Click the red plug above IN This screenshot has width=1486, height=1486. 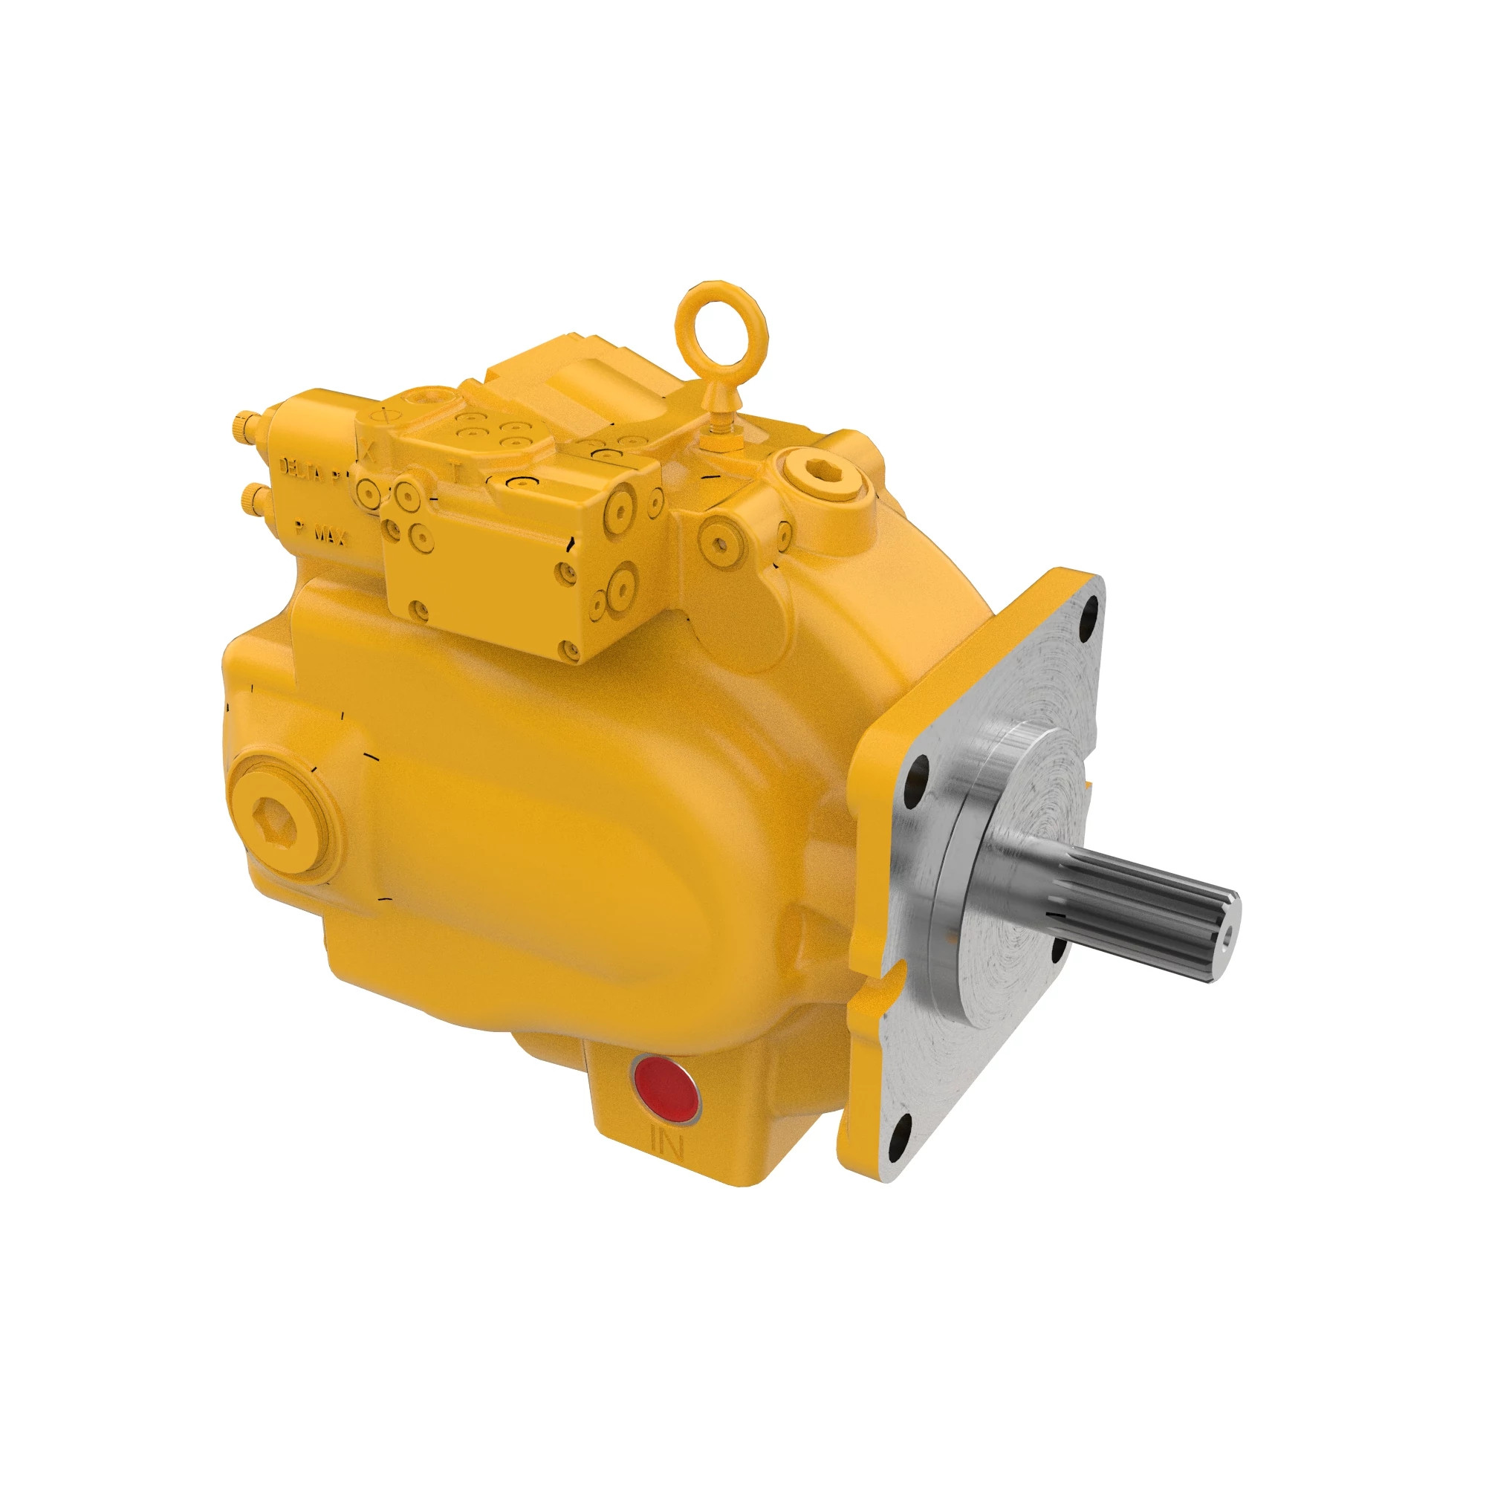coord(664,1090)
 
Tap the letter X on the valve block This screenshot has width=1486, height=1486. coord(370,452)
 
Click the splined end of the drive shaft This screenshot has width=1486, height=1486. coord(1154,908)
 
